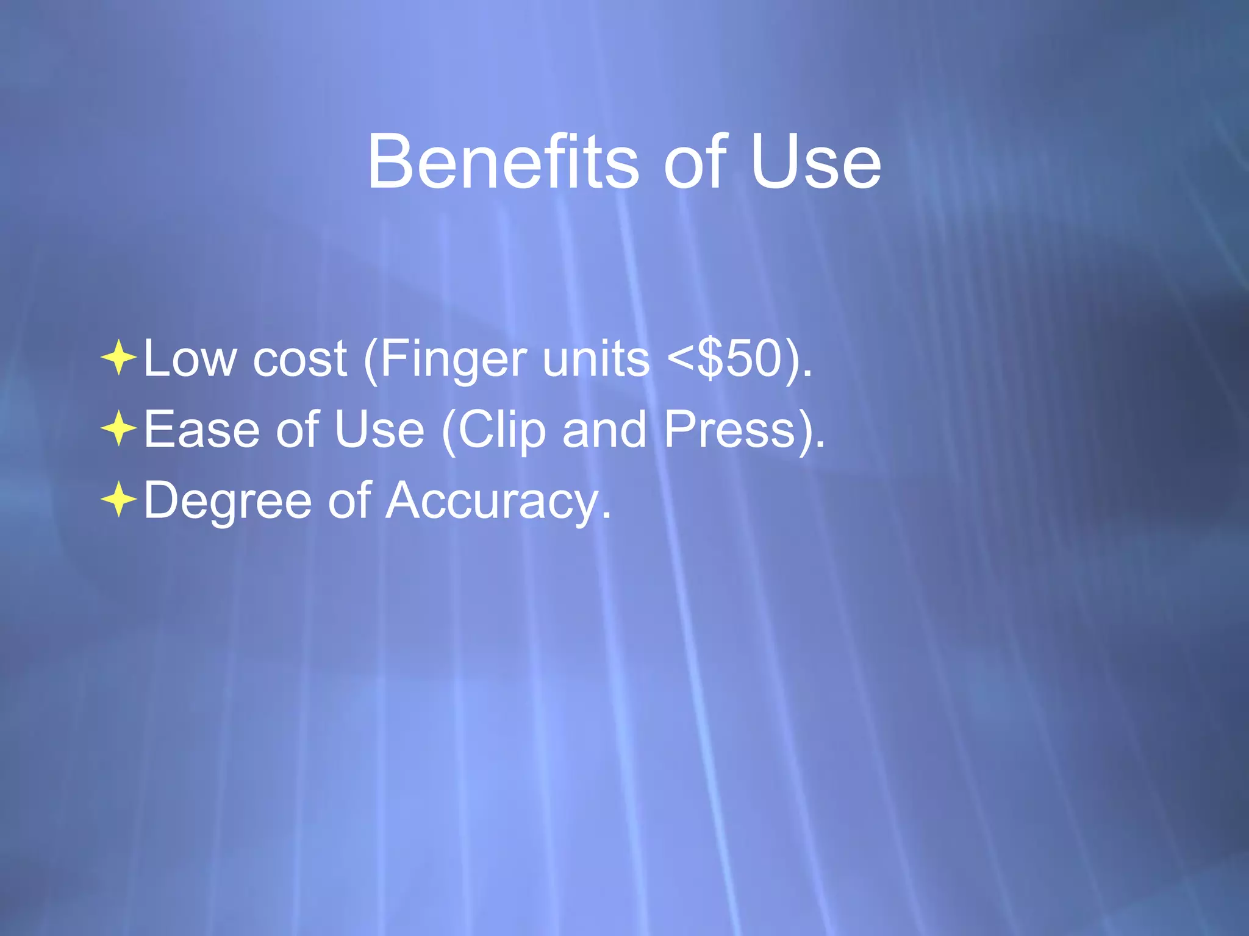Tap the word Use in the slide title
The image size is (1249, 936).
click(x=815, y=162)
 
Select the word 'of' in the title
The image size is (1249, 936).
click(x=695, y=162)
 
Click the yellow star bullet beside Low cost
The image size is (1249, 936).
click(x=119, y=358)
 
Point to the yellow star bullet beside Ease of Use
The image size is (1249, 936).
click(x=119, y=429)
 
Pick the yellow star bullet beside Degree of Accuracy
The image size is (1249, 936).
click(x=119, y=500)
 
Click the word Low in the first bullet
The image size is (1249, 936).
click(x=190, y=360)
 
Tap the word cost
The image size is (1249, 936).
click(x=299, y=360)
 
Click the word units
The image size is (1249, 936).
click(x=596, y=360)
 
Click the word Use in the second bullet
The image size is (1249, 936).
click(x=379, y=430)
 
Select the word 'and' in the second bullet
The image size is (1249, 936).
click(x=604, y=430)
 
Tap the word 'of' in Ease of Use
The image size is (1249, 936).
click(x=297, y=430)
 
